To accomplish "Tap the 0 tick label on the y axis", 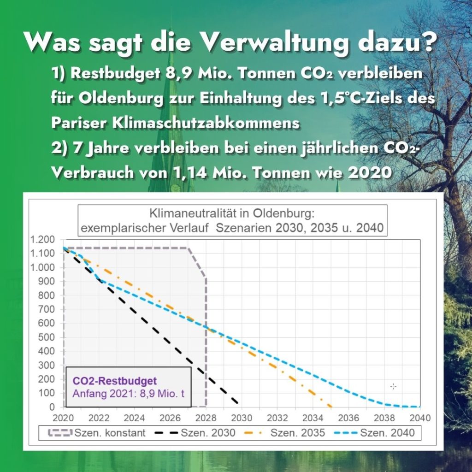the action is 52,407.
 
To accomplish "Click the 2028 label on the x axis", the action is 206,418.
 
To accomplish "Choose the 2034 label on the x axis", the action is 313,418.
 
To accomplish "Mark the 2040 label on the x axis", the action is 420,418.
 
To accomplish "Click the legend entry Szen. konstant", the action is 97,433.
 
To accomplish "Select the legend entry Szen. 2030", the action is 195,433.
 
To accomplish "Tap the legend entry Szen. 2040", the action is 374,433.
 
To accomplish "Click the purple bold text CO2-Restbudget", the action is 115,381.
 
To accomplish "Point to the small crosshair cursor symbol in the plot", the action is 394,386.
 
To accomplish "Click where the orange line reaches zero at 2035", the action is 331,407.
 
